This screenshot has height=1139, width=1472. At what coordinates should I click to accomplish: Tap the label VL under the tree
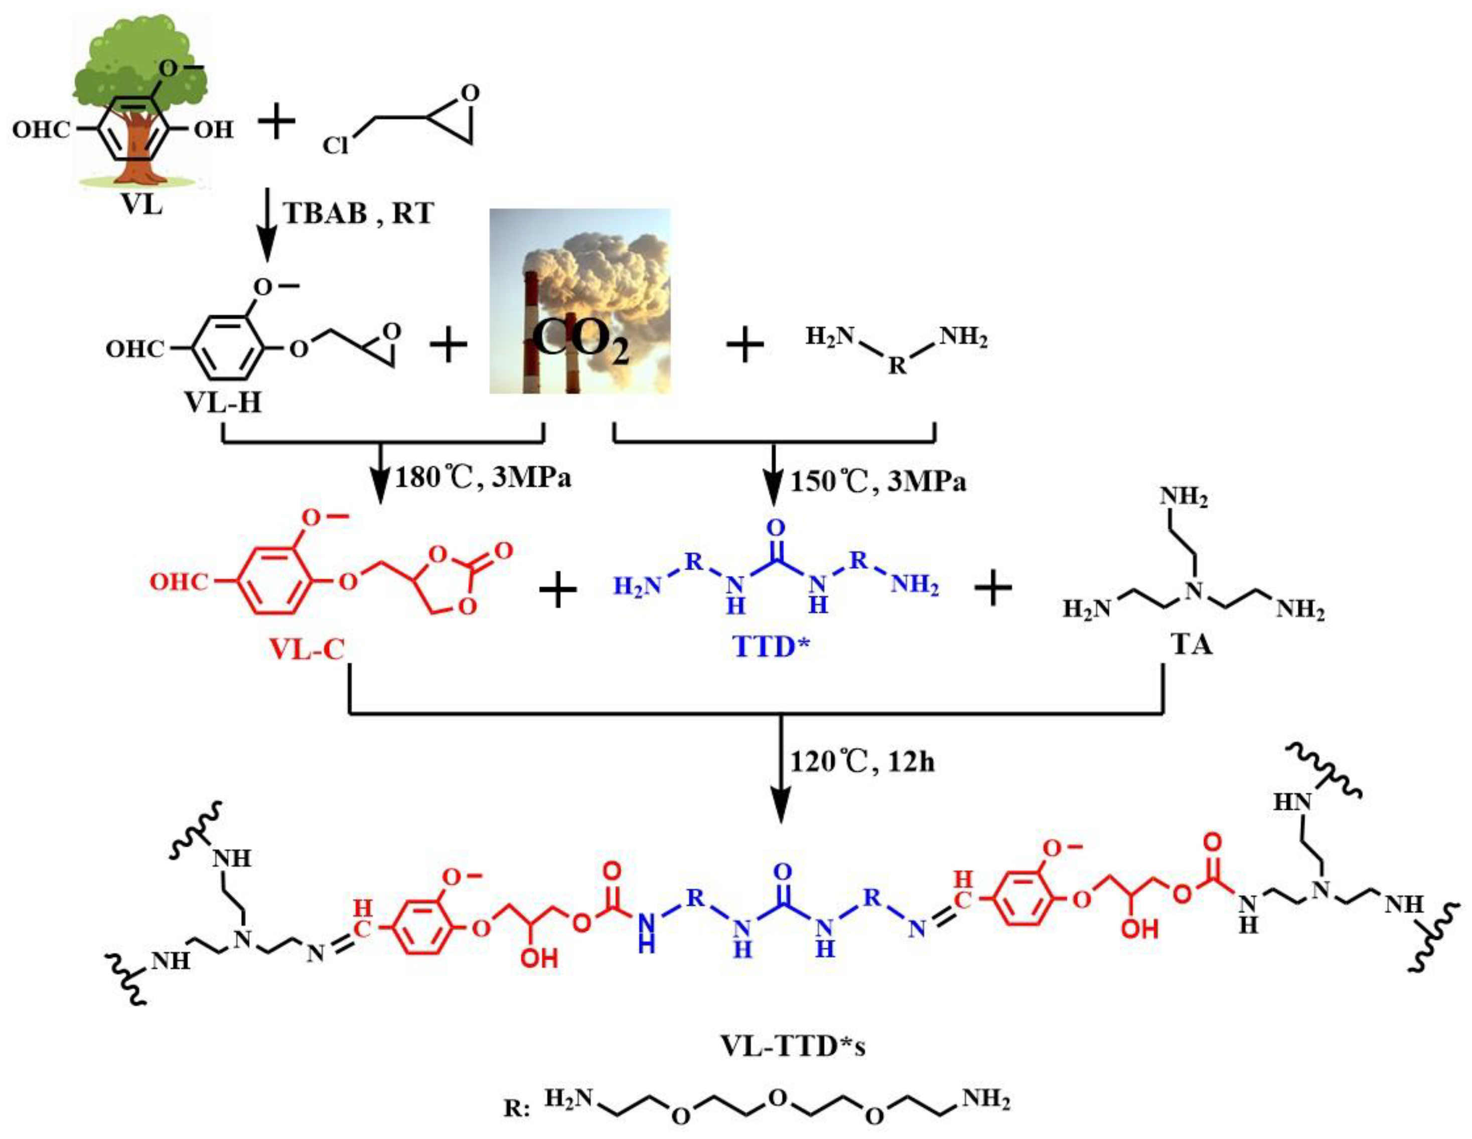click(x=142, y=203)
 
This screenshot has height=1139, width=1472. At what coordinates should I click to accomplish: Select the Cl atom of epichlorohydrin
click(x=336, y=145)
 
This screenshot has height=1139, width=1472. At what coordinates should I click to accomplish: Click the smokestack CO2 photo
click(x=579, y=301)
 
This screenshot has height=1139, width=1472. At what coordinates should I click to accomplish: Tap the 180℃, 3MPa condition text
click(x=483, y=477)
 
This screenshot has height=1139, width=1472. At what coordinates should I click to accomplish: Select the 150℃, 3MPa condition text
click(x=877, y=481)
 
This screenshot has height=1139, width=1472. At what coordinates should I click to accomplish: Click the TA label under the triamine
click(x=1192, y=645)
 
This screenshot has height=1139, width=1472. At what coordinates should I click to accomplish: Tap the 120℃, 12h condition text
click(x=863, y=762)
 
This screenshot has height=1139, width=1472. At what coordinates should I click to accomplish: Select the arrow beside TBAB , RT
click(x=268, y=226)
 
